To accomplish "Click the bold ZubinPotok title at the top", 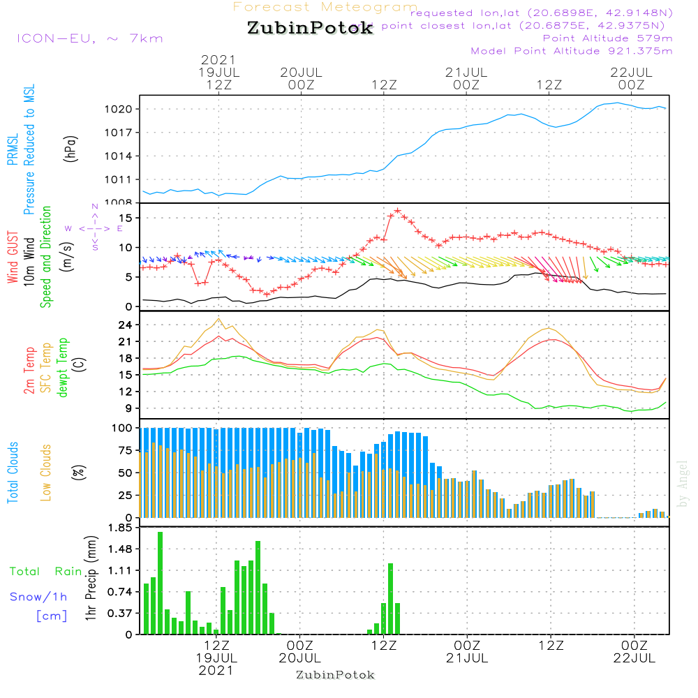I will [x=310, y=29].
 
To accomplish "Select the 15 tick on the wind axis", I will [x=126, y=218].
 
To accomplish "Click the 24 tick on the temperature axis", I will [x=126, y=325].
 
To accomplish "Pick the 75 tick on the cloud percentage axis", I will [x=126, y=450].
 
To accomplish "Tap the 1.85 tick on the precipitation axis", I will [x=120, y=528].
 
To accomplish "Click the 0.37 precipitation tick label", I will [x=120, y=613].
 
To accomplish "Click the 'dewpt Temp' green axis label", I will [x=63, y=368].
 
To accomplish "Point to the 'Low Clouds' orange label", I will [x=46, y=472].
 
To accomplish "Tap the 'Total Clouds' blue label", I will [x=13, y=472].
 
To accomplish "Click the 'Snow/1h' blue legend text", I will [x=38, y=597].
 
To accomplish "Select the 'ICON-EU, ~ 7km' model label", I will [x=89, y=38].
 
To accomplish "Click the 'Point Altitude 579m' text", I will [x=607, y=38].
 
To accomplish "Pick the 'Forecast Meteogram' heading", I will [x=325, y=7].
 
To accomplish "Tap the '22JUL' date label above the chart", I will [x=631, y=72].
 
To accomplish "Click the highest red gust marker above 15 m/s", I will [x=397, y=210].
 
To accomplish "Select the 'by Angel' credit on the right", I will [x=683, y=484].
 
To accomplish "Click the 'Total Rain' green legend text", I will [x=45, y=571].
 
